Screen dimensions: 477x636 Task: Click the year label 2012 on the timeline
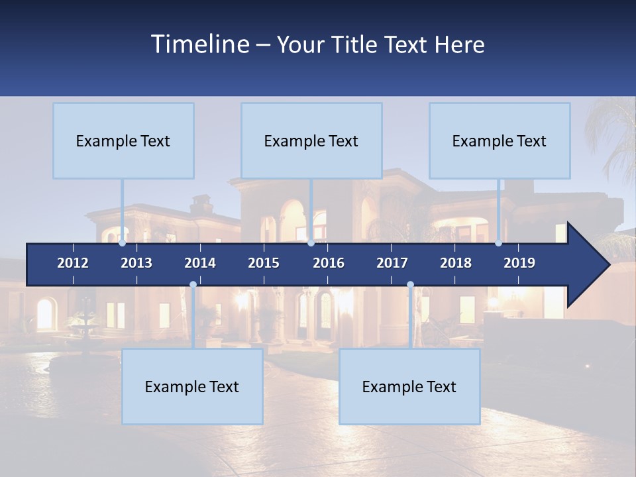point(73,263)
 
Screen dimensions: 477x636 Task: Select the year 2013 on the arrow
point(136,263)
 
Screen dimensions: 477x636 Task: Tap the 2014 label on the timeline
point(200,263)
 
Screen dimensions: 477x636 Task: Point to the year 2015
point(264,263)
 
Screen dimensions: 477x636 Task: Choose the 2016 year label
point(329,263)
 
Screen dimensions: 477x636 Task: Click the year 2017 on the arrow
point(392,263)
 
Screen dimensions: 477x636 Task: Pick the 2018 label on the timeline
point(456,263)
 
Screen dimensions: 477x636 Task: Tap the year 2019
point(519,263)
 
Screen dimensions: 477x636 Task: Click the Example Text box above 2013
point(123,140)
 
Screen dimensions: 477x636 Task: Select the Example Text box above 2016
point(311,140)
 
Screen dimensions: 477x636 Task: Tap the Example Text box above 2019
point(500,140)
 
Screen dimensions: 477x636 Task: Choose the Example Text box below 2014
point(192,386)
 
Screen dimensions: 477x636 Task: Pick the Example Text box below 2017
point(409,386)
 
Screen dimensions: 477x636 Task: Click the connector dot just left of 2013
point(123,243)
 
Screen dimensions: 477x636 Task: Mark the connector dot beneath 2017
point(410,285)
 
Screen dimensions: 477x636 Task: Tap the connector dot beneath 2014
point(193,285)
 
